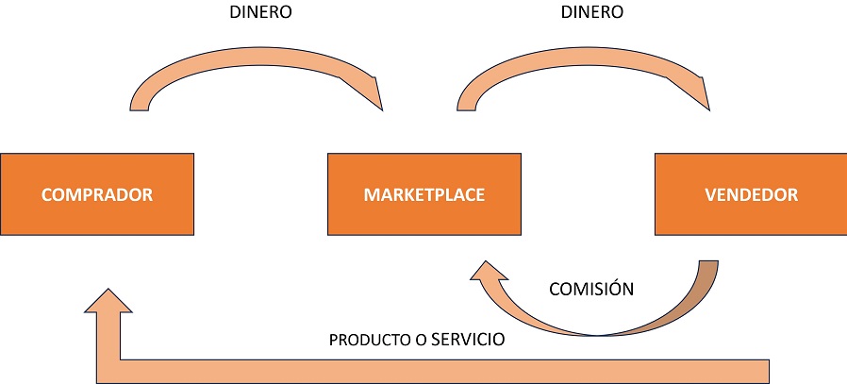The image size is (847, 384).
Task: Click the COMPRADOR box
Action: tap(97, 194)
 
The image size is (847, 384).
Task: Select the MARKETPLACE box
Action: tap(423, 194)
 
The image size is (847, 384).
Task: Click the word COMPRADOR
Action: tap(97, 195)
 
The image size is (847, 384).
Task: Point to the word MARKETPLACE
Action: tap(423, 195)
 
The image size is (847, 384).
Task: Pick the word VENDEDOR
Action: tap(751, 195)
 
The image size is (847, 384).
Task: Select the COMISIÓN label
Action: tap(591, 289)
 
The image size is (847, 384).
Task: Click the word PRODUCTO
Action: tap(363, 340)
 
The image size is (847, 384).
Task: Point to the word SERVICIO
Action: tap(468, 339)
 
